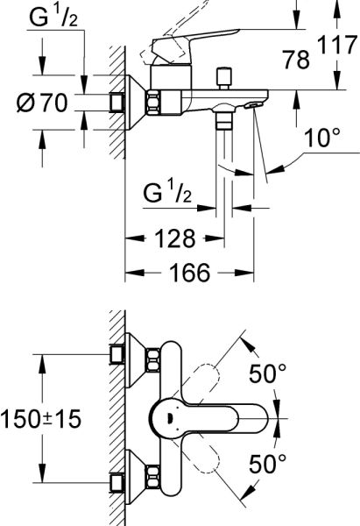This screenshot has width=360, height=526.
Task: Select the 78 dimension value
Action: pyautogui.click(x=298, y=59)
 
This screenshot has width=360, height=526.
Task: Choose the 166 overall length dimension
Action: pyautogui.click(x=190, y=274)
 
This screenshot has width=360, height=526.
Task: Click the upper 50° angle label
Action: pyautogui.click(x=268, y=374)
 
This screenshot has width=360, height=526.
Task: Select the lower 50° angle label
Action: pyautogui.click(x=268, y=461)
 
